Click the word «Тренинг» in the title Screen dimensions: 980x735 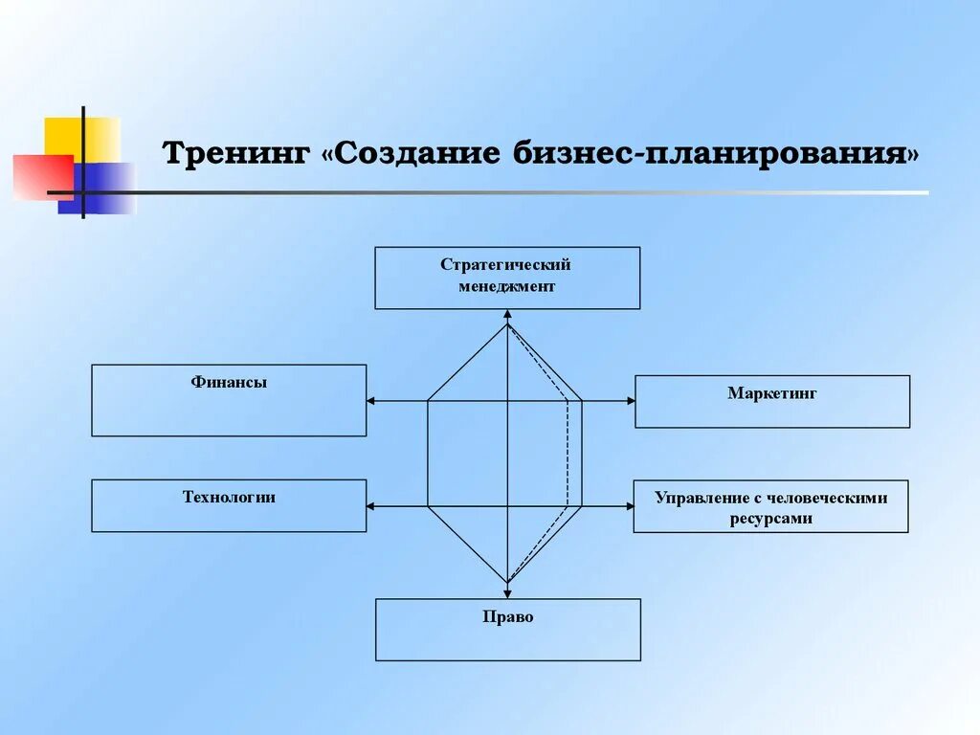pos(235,154)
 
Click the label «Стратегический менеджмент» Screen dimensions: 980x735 pos(506,275)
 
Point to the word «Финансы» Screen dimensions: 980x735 pos(229,383)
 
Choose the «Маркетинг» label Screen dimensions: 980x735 pos(772,392)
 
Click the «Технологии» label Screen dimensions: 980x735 pos(229,497)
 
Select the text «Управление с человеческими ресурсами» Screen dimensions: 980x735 pos(770,508)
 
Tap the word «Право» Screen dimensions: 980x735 pos(508,617)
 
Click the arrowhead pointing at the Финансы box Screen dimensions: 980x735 pos(371,401)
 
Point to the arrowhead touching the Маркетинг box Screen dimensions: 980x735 pos(630,401)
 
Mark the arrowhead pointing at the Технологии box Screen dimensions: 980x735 pos(371,506)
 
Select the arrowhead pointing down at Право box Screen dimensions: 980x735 pos(507,577)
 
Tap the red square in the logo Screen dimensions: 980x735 pos(38,178)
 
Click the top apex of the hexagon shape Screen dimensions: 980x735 pos(507,325)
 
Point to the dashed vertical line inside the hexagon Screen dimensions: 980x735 pos(568,450)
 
